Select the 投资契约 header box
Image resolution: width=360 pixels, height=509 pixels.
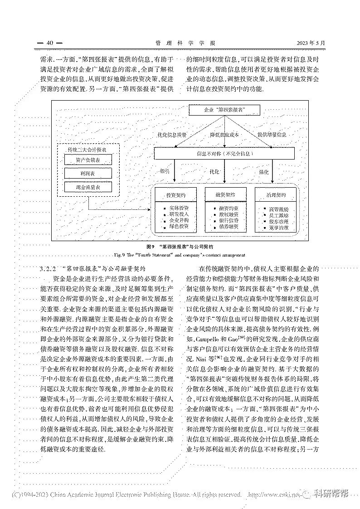[x=175, y=195]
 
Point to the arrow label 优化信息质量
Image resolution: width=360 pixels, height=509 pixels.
[x=172, y=135]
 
